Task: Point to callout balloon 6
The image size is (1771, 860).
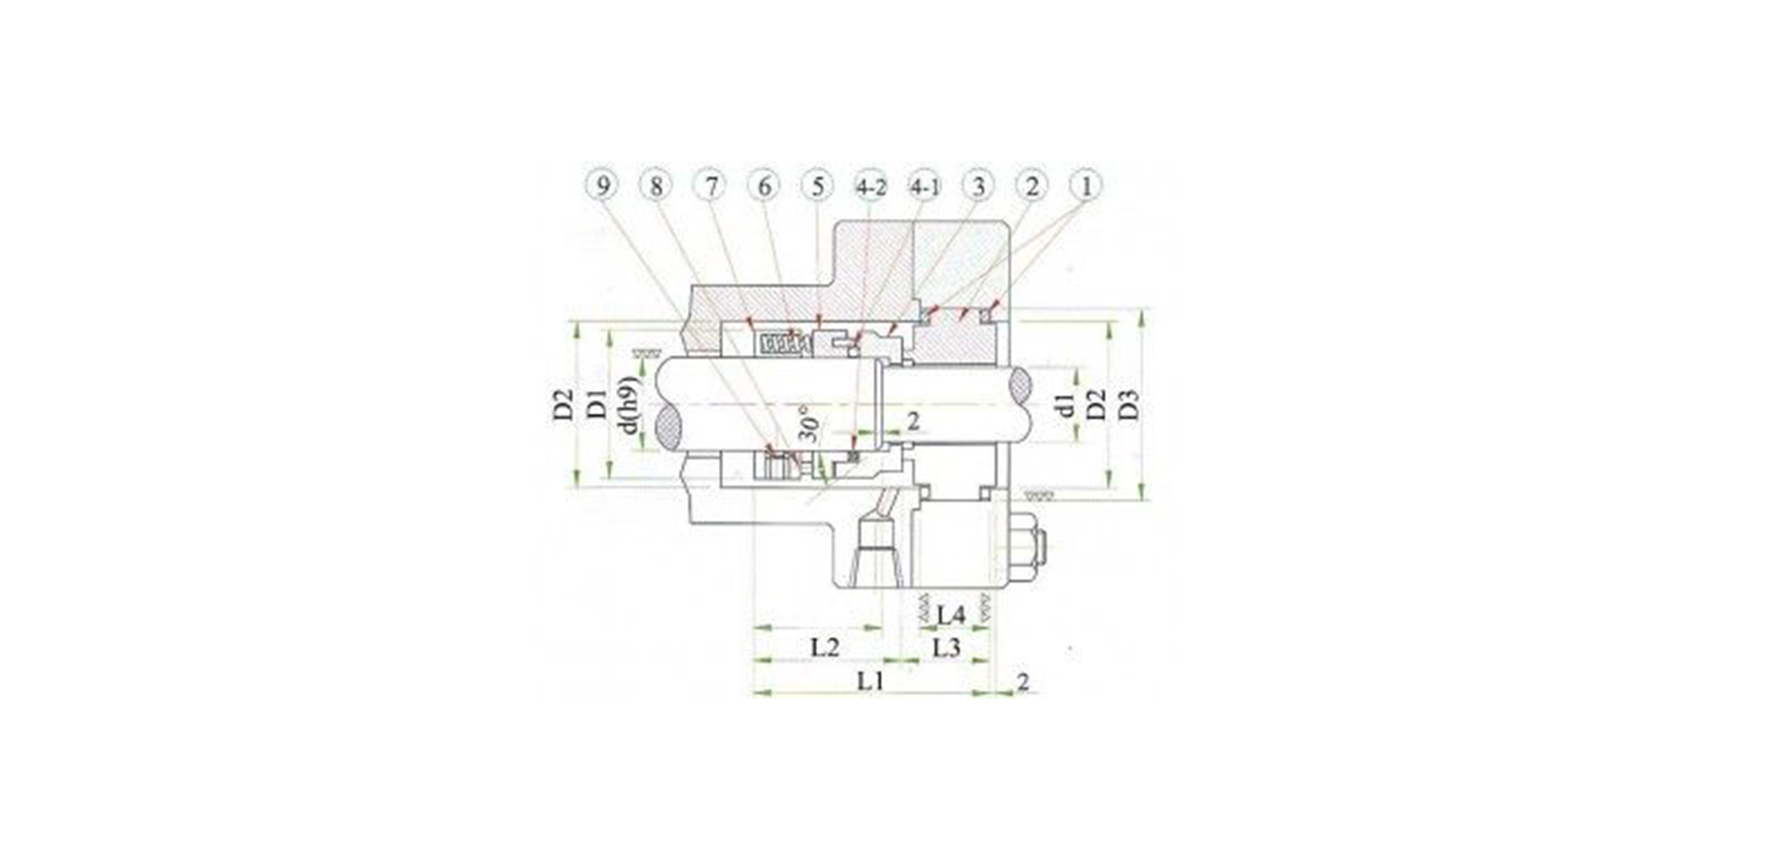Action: click(764, 186)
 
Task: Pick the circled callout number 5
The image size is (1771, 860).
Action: click(817, 186)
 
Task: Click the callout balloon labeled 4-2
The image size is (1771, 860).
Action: click(871, 186)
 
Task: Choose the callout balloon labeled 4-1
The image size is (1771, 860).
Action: click(925, 186)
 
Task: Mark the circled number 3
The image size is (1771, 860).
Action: click(978, 186)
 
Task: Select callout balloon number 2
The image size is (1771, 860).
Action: click(1032, 186)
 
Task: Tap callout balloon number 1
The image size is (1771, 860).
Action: click(1086, 186)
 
